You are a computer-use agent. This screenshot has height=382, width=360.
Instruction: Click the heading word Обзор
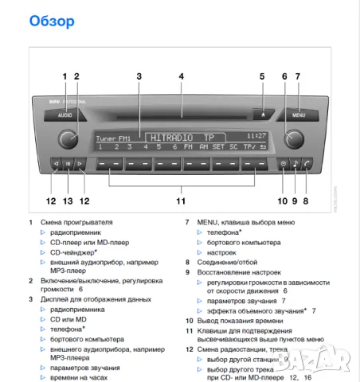pyautogui.click(x=52, y=20)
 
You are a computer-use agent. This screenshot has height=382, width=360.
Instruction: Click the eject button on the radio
pyautogui.click(x=264, y=114)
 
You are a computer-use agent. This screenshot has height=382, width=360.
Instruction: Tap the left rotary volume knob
pyautogui.click(x=68, y=140)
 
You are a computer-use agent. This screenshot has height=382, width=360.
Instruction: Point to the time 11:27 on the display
pyautogui.click(x=256, y=136)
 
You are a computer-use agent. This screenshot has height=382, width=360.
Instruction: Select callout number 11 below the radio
pyautogui.click(x=181, y=201)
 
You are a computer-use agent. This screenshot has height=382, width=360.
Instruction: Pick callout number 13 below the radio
pyautogui.click(x=68, y=201)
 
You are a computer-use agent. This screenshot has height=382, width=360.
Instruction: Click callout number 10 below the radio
pyautogui.click(x=281, y=201)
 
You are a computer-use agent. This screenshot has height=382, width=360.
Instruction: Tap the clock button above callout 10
pyautogui.click(x=283, y=165)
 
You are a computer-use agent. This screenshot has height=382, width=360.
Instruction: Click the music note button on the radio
pyautogui.click(x=295, y=165)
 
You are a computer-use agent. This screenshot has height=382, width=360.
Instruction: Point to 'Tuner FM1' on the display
pyautogui.click(x=112, y=138)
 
